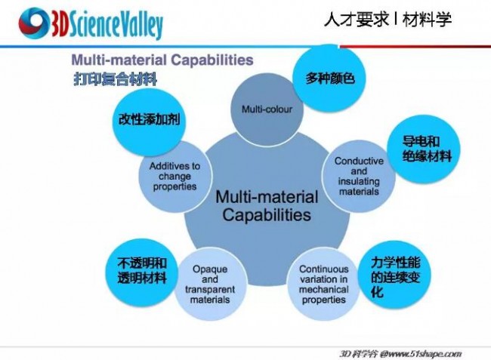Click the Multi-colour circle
[267, 109]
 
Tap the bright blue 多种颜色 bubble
[329, 78]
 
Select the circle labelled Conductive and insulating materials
[359, 177]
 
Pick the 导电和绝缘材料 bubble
[424, 149]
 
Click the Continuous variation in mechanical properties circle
[324, 284]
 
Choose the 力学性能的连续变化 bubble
[394, 275]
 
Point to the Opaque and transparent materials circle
[210, 284]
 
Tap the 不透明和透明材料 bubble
[142, 272]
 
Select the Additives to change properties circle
[175, 177]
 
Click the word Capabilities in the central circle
[267, 215]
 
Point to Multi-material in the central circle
[267, 197]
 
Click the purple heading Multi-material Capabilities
[162, 60]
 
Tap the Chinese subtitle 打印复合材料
[116, 78]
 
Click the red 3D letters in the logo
[59, 24]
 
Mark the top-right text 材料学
[427, 20]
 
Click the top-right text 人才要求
[357, 20]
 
